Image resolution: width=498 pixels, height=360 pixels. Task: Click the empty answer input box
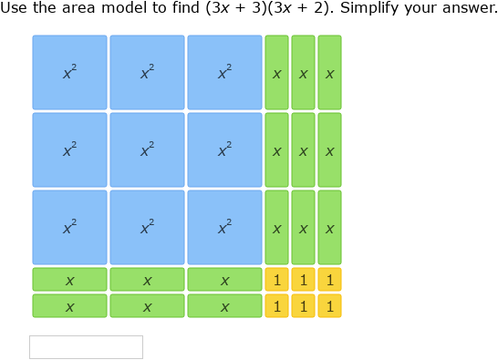[86, 346]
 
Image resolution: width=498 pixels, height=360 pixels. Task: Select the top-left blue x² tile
[69, 72]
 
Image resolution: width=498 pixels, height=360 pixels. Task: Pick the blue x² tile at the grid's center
[147, 149]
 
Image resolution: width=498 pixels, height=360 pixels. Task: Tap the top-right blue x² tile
[224, 72]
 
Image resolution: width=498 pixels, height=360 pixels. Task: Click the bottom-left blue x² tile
[69, 227]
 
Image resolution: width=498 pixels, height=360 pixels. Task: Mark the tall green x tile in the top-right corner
[329, 72]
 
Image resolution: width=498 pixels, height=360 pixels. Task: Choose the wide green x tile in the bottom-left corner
[69, 306]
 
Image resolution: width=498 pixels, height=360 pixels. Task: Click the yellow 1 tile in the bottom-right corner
[329, 306]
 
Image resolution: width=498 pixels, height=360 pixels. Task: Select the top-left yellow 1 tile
[276, 280]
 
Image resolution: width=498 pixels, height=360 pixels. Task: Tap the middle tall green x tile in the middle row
[303, 149]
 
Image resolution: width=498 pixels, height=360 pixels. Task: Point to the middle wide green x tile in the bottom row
[147, 306]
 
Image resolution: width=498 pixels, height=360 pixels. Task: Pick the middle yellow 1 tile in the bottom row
[303, 306]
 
